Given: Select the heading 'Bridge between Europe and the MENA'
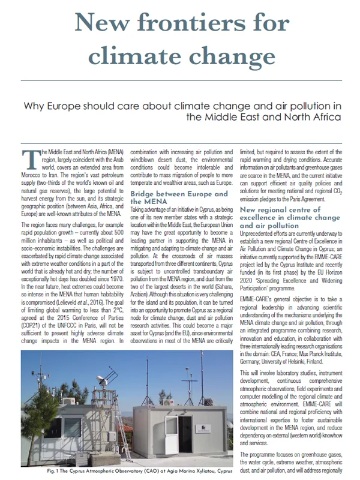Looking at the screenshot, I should click(x=179, y=198).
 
